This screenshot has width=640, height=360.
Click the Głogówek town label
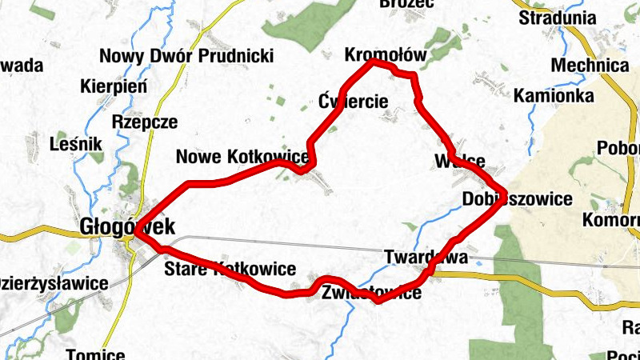pyautogui.click(x=127, y=227)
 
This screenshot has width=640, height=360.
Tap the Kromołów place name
pyautogui.click(x=386, y=55)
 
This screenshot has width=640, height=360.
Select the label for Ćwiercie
pyautogui.click(x=353, y=102)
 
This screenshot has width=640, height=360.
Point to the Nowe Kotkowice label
pyautogui.click(x=242, y=158)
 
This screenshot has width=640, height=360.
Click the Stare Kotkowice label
pyautogui.click(x=230, y=269)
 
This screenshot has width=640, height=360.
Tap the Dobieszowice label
pyautogui.click(x=518, y=199)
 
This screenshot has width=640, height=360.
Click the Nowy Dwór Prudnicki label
pyautogui.click(x=186, y=56)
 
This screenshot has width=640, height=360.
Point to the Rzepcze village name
pyautogui.click(x=145, y=122)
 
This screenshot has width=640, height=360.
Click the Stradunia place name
pyautogui.click(x=558, y=18)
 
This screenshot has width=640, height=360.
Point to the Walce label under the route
pyautogui.click(x=460, y=160)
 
